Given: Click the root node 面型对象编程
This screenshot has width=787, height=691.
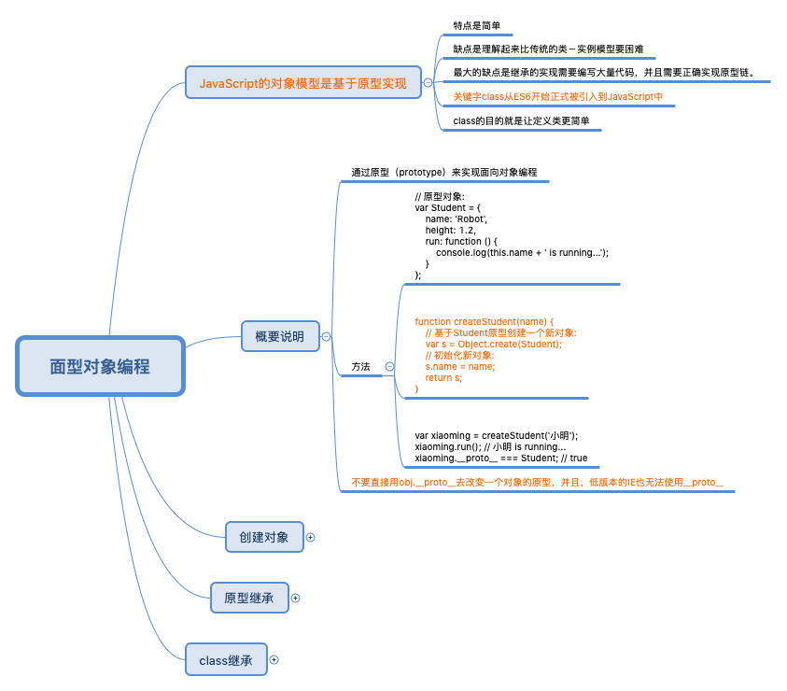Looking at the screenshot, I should coord(100,366).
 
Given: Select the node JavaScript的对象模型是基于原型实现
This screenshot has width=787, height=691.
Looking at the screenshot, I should coord(303,83).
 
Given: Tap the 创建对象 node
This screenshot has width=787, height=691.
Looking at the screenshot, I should coord(264,537).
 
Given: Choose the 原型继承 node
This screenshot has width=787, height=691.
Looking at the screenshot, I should coord(249,598).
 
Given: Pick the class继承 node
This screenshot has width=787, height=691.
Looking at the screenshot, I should coord(226,659).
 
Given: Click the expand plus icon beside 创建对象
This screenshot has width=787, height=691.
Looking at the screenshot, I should coord(311,537).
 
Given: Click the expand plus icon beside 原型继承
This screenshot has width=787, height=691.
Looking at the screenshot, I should coord(296,598).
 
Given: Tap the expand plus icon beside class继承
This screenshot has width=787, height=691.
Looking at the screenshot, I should coord(274,659).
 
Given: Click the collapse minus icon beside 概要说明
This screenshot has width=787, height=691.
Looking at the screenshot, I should coord(327,336).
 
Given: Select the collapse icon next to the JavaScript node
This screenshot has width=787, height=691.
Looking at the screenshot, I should coord(428,83).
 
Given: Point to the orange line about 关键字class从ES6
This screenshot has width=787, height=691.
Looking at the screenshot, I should coord(557,96).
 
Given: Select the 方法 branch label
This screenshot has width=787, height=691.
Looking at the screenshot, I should coord(360,367).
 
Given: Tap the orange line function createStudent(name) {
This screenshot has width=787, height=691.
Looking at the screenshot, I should coord(484,321).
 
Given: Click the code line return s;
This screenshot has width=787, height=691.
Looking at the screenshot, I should coord(443,377).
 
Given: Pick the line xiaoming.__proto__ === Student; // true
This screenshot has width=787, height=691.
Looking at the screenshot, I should coord(500,458).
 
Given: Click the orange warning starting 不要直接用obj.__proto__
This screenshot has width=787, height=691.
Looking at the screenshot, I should coord(537,482).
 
